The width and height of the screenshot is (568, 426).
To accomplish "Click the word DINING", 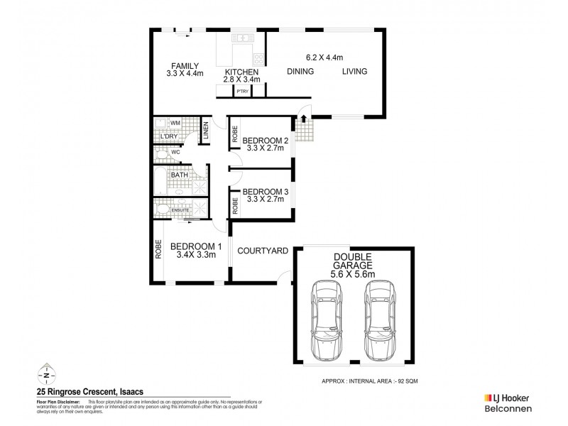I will click(x=301, y=71).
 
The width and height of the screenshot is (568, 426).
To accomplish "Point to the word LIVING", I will click(x=355, y=71).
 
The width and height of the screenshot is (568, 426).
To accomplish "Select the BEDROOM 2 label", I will click(x=263, y=140).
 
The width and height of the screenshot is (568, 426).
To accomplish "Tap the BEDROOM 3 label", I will click(x=263, y=192).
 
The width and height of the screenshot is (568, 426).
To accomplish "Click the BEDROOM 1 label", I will click(x=197, y=246).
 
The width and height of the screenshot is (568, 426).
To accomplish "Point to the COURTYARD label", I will click(x=262, y=250).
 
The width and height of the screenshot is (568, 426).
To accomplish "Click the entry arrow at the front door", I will click(x=303, y=119).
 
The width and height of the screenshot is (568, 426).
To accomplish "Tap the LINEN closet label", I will click(x=205, y=129).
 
